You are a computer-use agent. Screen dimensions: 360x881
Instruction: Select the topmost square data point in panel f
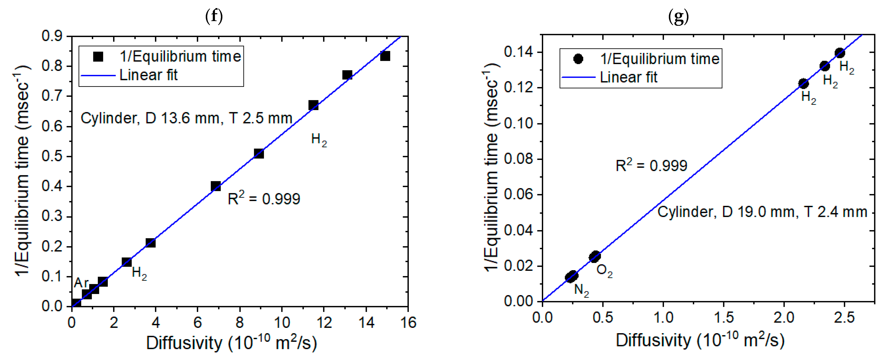[x=385, y=56]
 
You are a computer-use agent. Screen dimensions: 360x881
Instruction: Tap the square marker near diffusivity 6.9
[x=216, y=186]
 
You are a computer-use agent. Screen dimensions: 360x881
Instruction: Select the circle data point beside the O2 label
[x=595, y=256]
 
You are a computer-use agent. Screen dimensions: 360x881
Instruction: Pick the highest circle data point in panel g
[x=840, y=53]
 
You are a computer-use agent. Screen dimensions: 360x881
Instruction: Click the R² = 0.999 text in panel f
[x=264, y=198]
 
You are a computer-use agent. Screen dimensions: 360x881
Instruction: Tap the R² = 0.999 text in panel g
[x=651, y=165]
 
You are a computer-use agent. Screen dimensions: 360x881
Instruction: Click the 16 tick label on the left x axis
[x=408, y=322]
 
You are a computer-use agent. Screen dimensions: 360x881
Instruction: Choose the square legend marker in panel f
[x=98, y=56]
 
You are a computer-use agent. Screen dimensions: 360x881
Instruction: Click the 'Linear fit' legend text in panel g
[x=629, y=77]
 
